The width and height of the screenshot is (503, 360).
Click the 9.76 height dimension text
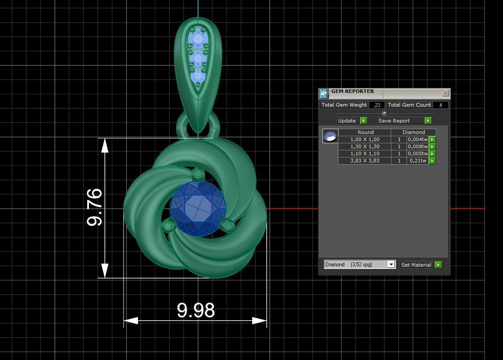(95, 207)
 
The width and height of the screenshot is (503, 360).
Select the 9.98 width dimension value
(196, 310)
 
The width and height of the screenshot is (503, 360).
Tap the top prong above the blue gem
(197, 173)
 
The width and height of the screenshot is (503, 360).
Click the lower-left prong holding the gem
(168, 226)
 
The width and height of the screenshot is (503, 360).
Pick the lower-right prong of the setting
(227, 226)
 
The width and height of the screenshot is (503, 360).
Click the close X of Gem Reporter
(445, 93)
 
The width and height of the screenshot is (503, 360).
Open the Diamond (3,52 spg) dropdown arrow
(391, 264)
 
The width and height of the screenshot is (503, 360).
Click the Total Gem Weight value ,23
(376, 105)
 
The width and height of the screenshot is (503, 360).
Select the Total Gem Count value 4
(441, 105)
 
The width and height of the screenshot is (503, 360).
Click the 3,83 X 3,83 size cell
(365, 161)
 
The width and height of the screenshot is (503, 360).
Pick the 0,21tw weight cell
(418, 161)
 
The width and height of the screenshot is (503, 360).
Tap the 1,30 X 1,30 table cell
(365, 146)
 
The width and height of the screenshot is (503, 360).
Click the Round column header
(365, 132)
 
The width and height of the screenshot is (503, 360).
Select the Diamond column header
(413, 132)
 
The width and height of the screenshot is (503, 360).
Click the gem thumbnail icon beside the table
(330, 136)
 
